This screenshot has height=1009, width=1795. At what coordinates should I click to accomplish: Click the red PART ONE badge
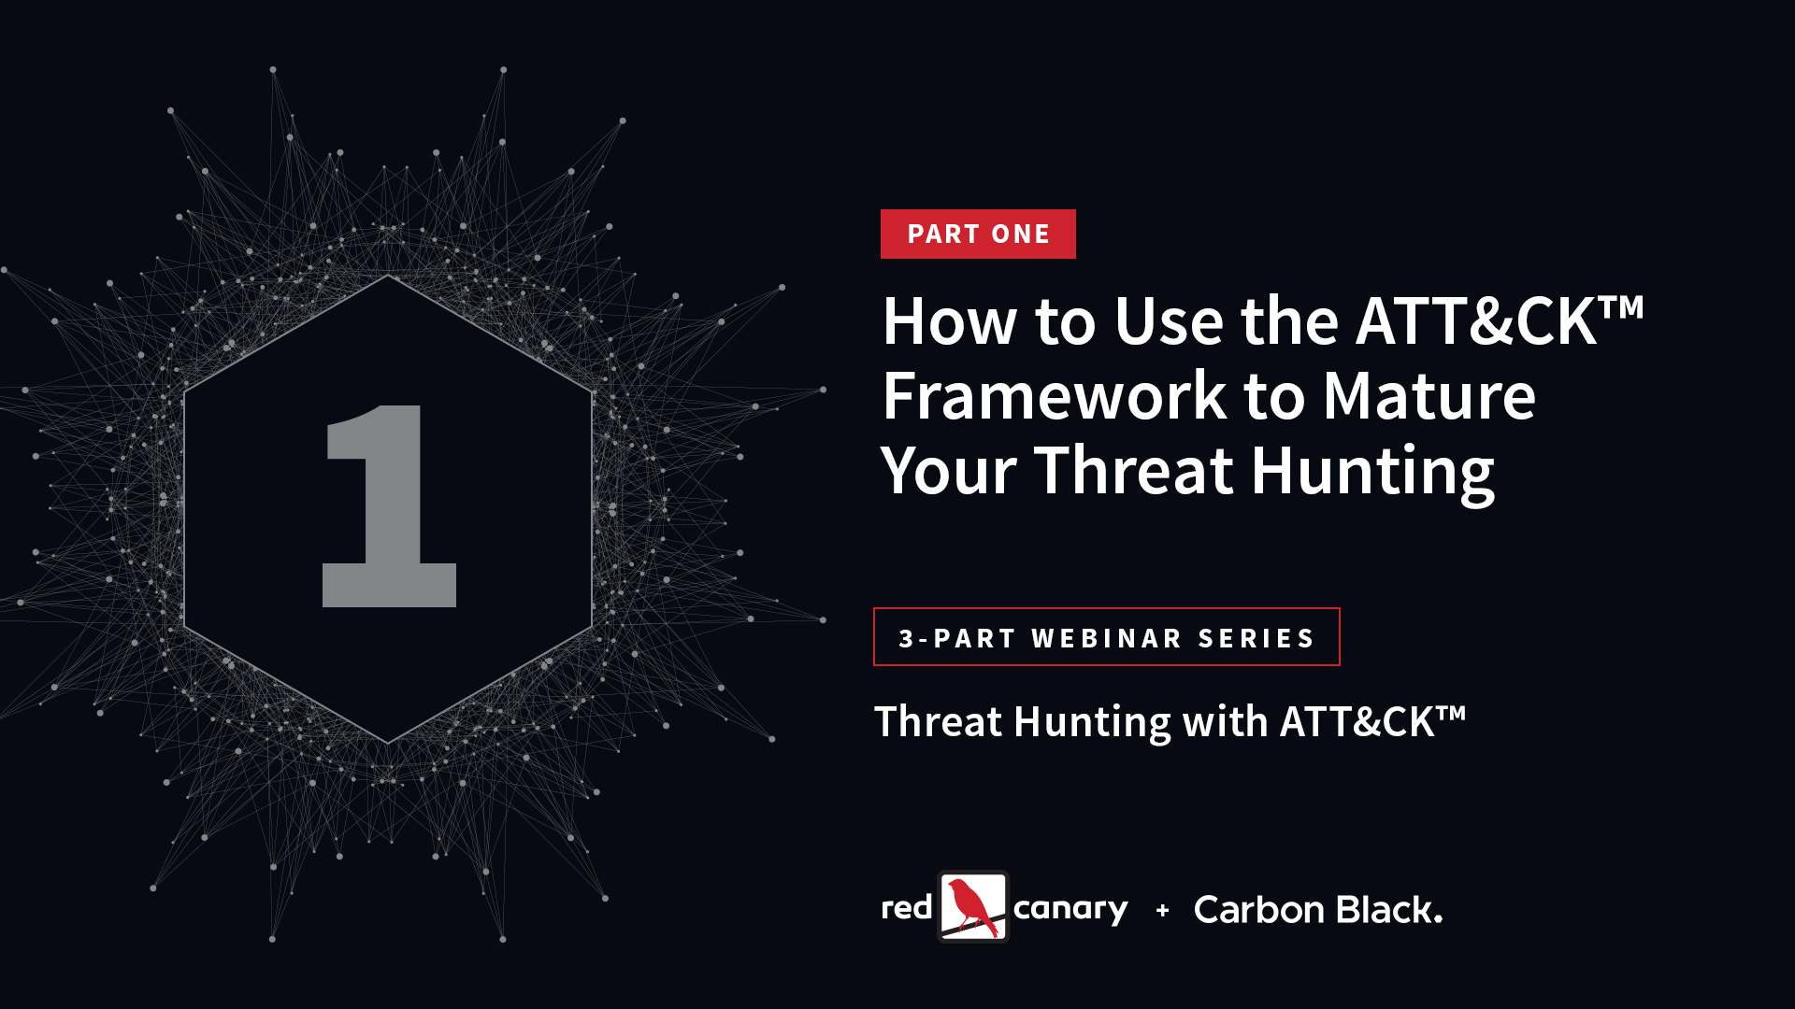(x=978, y=234)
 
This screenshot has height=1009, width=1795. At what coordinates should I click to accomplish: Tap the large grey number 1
(x=389, y=505)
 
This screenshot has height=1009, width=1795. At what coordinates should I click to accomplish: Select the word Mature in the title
(x=1429, y=396)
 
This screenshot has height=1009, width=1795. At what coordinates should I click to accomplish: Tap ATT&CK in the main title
(x=1477, y=321)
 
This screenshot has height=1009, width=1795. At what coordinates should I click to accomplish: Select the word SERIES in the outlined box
(x=1256, y=638)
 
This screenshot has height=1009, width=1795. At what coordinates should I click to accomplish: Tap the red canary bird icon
(x=973, y=906)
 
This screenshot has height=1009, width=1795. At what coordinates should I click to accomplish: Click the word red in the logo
(x=907, y=907)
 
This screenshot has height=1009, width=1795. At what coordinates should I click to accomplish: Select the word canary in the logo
(x=1070, y=910)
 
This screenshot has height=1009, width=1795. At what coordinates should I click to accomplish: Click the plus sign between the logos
(x=1162, y=909)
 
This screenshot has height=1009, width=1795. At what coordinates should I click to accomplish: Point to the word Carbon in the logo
(x=1259, y=909)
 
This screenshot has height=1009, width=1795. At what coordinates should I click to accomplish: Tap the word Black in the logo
(x=1389, y=908)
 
